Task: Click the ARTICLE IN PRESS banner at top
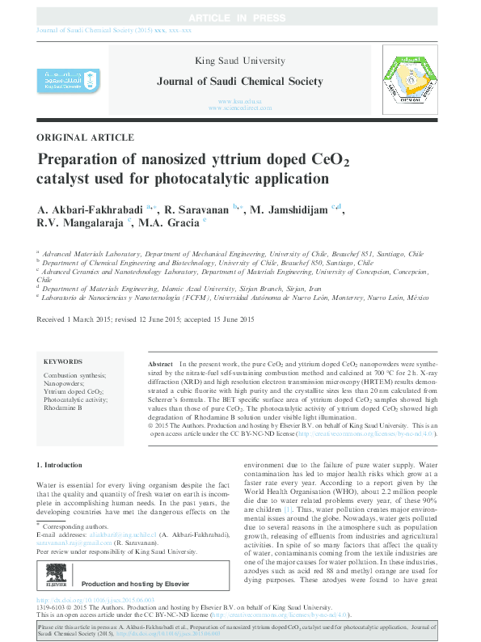point(240,18)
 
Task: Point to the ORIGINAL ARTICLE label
point(86,137)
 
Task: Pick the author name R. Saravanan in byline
point(196,209)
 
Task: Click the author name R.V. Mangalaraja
point(78,222)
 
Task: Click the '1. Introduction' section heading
point(61,465)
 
